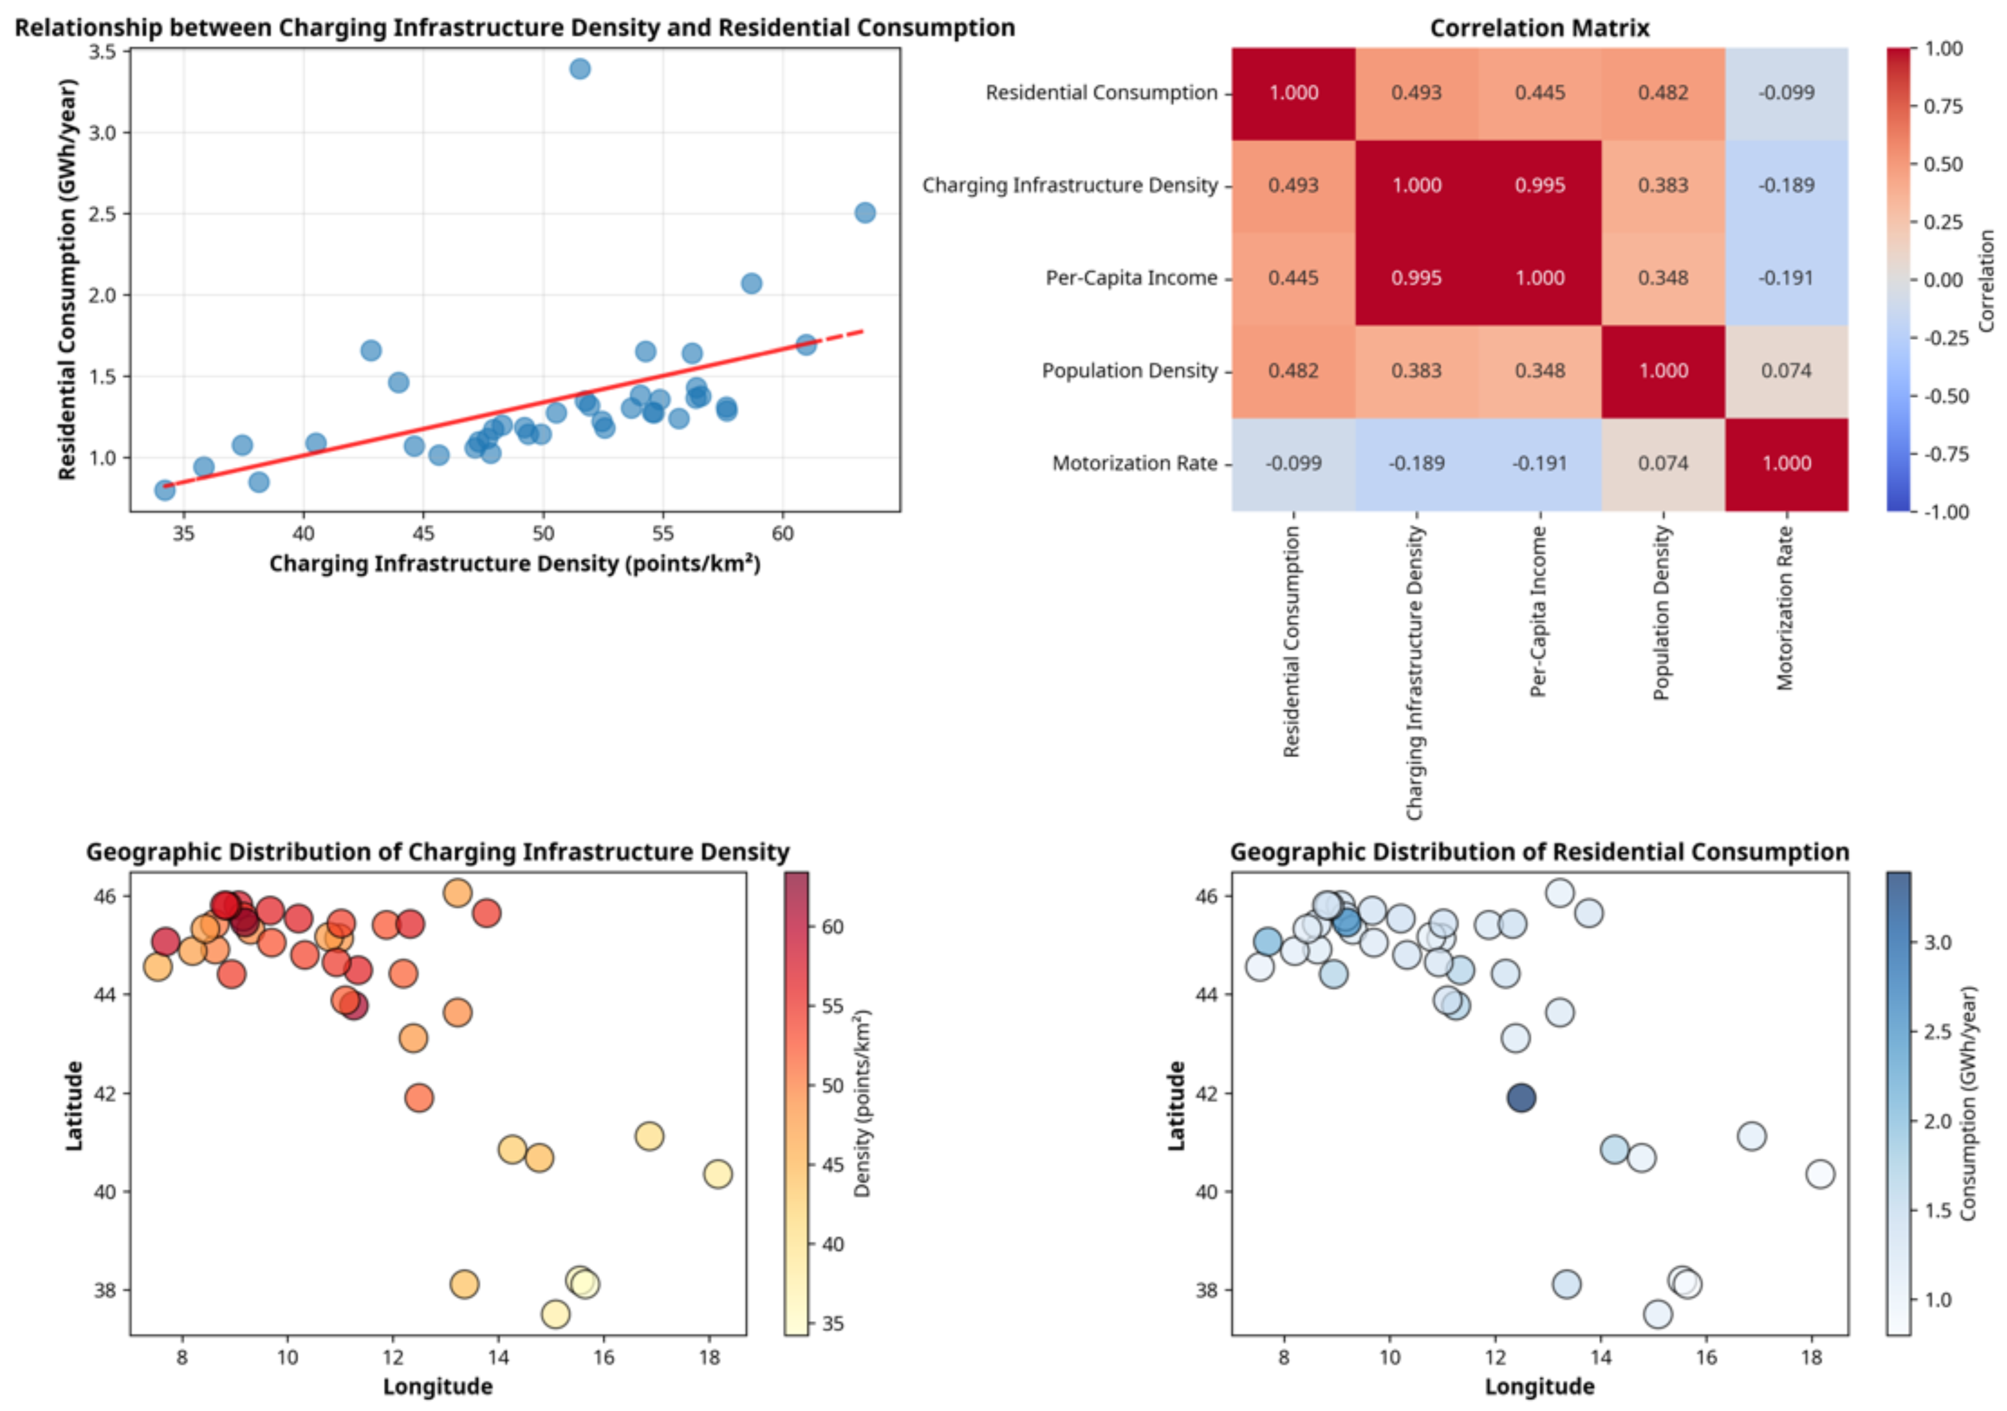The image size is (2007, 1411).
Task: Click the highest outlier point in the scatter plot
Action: [x=580, y=68]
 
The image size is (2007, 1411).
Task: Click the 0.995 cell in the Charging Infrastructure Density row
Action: [x=1539, y=185]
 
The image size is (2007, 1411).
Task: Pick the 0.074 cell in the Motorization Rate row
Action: [x=1663, y=463]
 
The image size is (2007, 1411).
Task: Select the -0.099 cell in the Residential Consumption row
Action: [x=1786, y=93]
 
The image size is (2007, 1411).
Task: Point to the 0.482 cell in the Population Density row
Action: [x=1293, y=371]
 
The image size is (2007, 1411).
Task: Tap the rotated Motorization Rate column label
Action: [x=1785, y=608]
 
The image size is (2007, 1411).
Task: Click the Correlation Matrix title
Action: [x=1539, y=28]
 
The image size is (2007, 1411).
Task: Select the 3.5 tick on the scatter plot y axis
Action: [x=102, y=52]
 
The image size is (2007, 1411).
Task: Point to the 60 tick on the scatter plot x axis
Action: [x=782, y=533]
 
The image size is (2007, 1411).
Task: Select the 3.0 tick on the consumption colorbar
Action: [x=1937, y=943]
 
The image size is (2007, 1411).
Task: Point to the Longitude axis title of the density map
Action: [x=437, y=1387]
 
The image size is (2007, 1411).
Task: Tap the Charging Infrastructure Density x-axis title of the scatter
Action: [x=515, y=564]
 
